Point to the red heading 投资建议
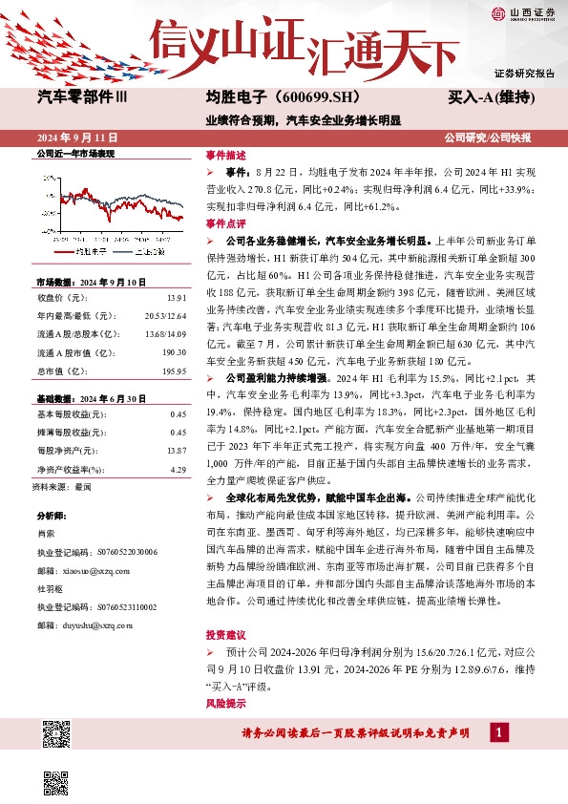(x=226, y=635)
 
